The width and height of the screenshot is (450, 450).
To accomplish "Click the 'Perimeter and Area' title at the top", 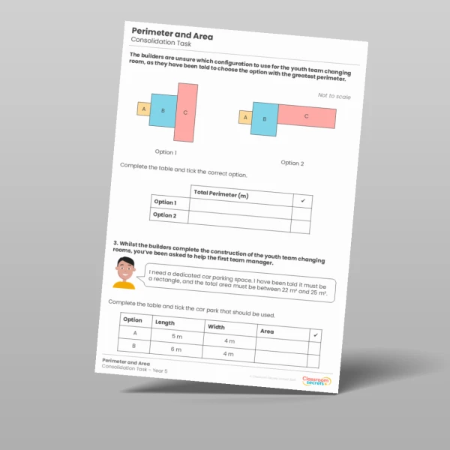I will pos(172,35).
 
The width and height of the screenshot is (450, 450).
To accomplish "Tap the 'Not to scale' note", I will pos(334,96).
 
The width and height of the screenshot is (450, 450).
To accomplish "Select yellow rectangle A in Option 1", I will pos(142,109).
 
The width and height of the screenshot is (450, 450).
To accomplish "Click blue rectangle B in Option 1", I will pos(163,111).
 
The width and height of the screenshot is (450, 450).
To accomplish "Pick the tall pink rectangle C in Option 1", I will pos(185,112).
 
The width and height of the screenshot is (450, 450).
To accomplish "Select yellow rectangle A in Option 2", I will pos(244,117).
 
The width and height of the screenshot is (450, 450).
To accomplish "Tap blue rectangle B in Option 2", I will pos(264,118).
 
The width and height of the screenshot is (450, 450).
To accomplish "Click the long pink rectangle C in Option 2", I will pos(306,117).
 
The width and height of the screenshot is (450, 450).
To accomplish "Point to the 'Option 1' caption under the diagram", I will pos(166,151).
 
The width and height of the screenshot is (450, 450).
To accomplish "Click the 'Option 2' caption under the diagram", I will pos(292,163).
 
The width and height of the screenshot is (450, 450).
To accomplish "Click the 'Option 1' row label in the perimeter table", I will pos(165,202).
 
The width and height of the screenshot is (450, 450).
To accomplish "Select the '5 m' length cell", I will pos(177,335).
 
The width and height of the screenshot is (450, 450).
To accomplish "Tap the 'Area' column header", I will pos(267,331).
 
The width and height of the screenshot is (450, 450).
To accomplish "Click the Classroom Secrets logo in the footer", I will pos(315,382).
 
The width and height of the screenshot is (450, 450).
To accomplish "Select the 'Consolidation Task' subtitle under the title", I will pos(156,45).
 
